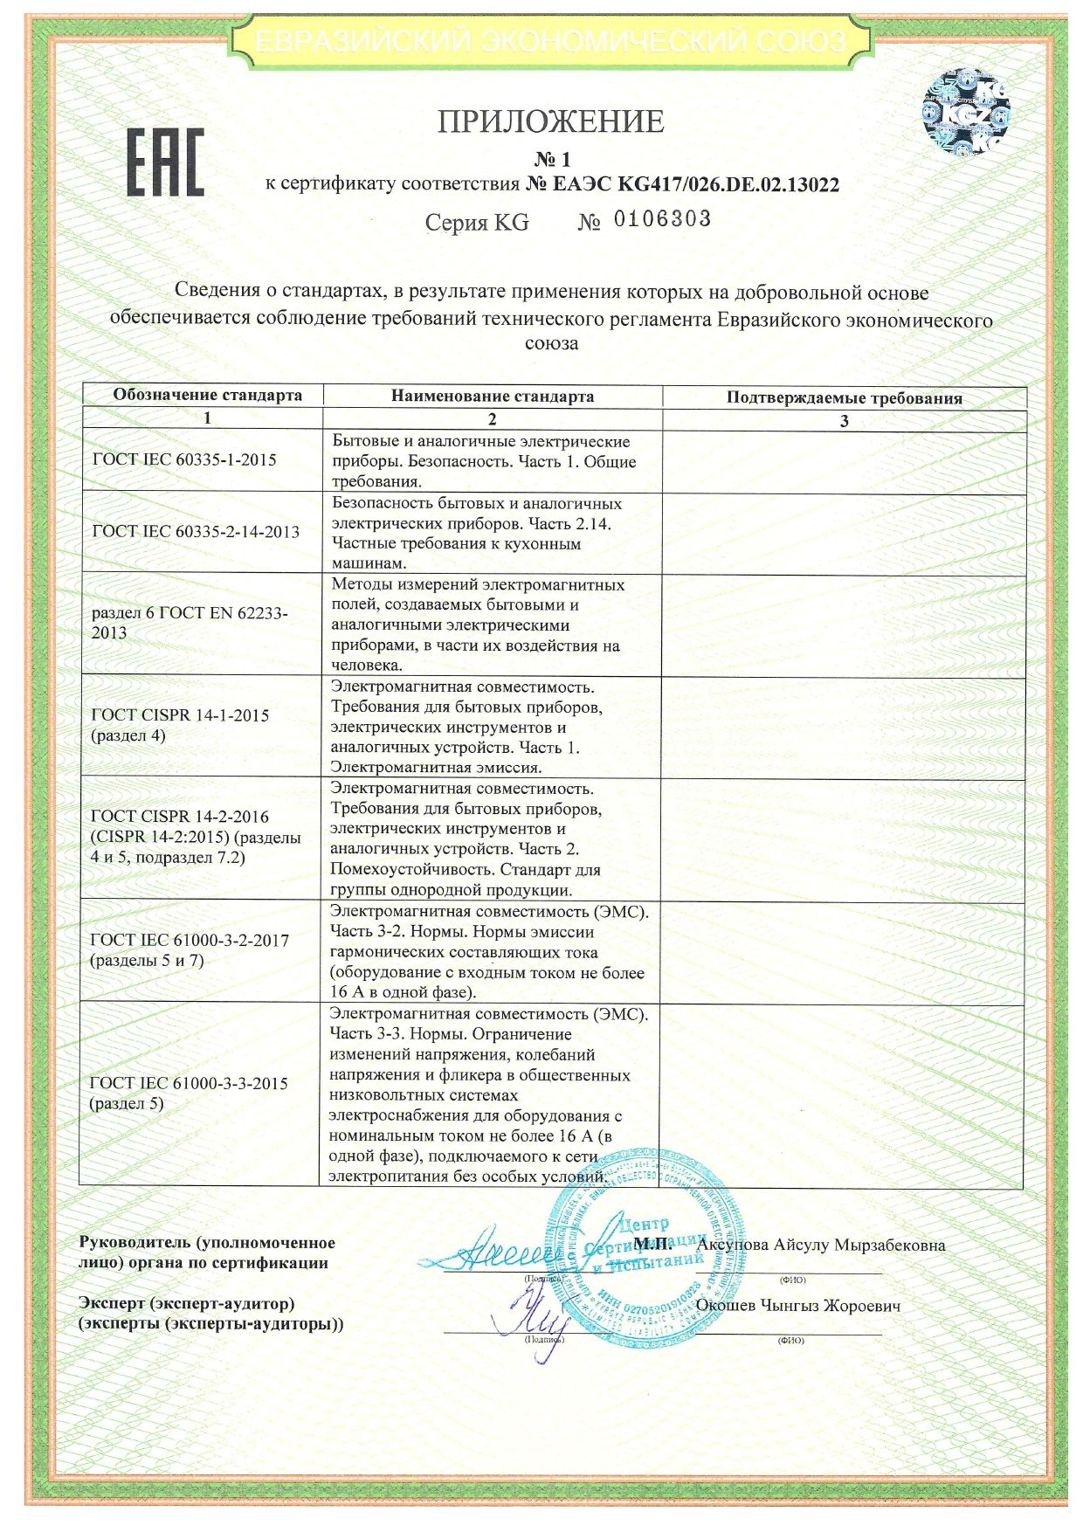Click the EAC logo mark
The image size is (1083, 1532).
(x=166, y=162)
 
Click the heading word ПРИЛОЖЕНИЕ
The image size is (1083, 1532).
(x=550, y=121)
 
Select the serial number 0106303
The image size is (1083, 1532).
(x=662, y=219)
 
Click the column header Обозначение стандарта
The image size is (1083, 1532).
(x=207, y=395)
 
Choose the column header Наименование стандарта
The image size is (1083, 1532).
(x=493, y=396)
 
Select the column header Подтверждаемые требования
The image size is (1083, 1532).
(x=844, y=398)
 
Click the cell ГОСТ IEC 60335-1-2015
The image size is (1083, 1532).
(x=184, y=460)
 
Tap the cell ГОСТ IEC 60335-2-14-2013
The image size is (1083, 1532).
(x=196, y=531)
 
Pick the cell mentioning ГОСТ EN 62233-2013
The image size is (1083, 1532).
(x=190, y=623)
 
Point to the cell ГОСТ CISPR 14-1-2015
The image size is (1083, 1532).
(x=181, y=725)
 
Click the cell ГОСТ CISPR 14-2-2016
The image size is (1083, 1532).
(x=196, y=837)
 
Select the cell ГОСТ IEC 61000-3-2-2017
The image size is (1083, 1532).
(x=190, y=950)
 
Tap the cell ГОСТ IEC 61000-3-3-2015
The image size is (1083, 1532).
(x=189, y=1093)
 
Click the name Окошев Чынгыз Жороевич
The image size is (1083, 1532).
(x=798, y=1307)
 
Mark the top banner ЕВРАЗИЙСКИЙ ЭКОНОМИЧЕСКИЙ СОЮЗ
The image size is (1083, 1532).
(x=550, y=41)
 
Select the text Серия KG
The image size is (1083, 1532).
(x=477, y=223)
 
